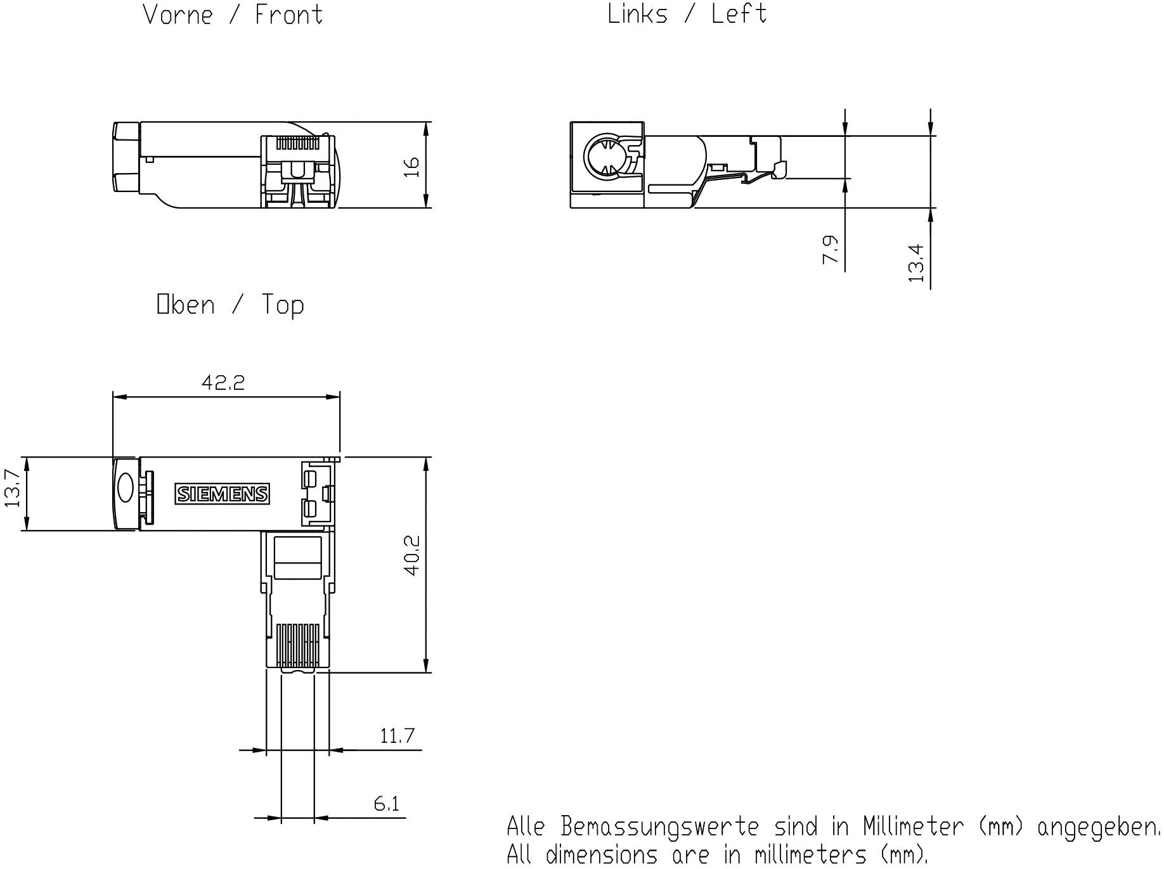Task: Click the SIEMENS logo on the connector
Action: [x=222, y=494]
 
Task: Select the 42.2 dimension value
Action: [x=223, y=382]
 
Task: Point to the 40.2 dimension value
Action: [x=411, y=555]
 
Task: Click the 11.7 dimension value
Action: [x=397, y=736]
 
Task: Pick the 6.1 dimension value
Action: [x=387, y=804]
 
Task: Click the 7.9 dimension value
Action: [x=831, y=249]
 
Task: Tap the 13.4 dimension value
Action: [x=916, y=263]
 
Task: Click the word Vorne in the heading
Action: [x=178, y=15]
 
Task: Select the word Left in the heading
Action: [x=739, y=13]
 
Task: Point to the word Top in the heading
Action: [x=283, y=305]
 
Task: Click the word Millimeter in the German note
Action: [x=913, y=827]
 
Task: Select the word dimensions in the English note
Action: [x=601, y=854]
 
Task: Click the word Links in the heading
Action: [x=637, y=13]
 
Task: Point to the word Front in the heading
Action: [x=288, y=15]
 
